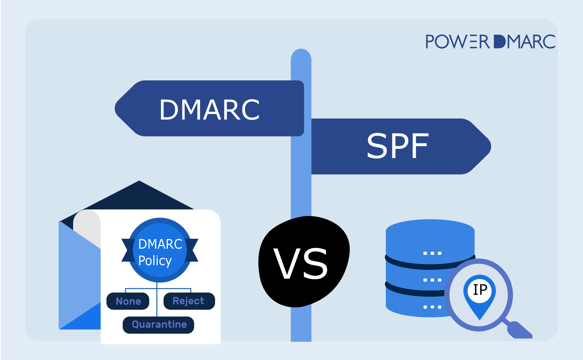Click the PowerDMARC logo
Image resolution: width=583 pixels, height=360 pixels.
490,42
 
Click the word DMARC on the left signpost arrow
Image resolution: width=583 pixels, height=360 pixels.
209,110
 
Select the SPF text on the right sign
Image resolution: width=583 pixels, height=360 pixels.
397,146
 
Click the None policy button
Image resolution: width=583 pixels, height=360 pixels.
128,301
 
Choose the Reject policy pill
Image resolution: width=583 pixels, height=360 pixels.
189,301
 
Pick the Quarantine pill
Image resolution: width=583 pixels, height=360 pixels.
159,325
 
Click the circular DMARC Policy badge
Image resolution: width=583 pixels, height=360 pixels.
160,250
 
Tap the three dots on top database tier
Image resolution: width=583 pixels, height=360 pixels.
432,253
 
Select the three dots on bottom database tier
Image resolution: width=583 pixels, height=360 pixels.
432,307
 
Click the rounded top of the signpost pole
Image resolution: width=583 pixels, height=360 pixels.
301,56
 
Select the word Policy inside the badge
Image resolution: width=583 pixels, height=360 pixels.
155,261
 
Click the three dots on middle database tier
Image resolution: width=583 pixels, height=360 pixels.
432,280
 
